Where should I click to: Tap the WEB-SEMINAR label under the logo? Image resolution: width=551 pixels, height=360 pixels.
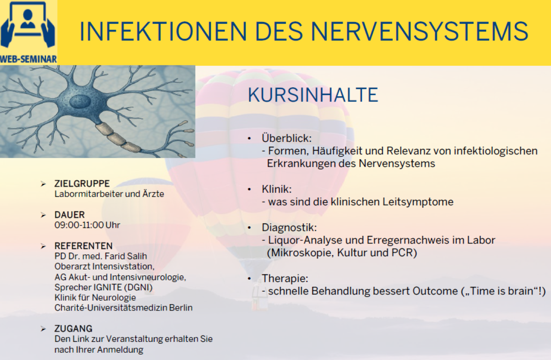coord(28,58)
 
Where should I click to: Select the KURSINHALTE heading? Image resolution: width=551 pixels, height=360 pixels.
coord(313,95)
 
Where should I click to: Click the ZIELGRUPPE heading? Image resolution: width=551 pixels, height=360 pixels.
coord(82,184)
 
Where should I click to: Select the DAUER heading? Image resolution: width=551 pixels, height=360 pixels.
coord(69,215)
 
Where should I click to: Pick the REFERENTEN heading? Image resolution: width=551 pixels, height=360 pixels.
coord(83,246)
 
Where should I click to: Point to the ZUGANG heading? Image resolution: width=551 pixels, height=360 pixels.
coord(73,329)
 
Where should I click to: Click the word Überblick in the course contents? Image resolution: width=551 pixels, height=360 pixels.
coord(286,138)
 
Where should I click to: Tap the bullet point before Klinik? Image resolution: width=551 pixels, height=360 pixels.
coord(249,189)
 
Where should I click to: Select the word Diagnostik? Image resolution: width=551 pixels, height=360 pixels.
coord(289,228)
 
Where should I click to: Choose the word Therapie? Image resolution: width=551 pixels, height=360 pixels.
coord(285,279)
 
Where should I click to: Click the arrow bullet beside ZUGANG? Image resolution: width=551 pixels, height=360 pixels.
coord(43,329)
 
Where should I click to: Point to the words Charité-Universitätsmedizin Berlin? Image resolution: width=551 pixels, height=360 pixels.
coord(123,308)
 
